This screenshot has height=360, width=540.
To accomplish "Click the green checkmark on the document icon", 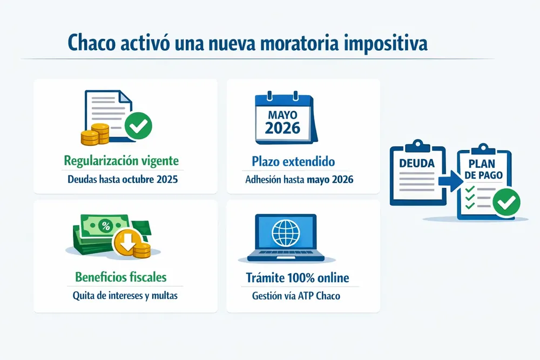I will click(138, 126).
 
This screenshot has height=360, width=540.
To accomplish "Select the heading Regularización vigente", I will click(121, 160).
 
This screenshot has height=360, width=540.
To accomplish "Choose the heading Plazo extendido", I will click(293, 161).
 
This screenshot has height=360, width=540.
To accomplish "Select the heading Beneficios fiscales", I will click(120, 277).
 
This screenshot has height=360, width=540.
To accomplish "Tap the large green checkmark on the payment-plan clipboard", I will click(507, 202).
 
